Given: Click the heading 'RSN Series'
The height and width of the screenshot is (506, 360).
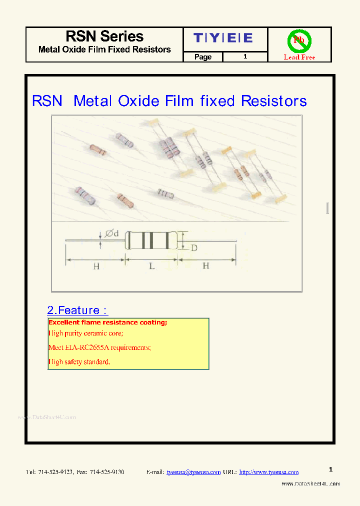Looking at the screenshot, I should click(x=104, y=36).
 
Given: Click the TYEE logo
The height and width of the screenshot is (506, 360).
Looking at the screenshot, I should click(x=223, y=38).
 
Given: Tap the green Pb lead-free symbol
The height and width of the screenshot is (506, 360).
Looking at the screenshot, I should click(x=299, y=40).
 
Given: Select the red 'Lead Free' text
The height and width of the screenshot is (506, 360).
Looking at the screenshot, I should click(x=299, y=57).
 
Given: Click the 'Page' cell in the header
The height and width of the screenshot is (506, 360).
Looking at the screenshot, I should click(x=202, y=57).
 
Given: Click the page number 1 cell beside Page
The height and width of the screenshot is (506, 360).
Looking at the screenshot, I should click(x=245, y=57).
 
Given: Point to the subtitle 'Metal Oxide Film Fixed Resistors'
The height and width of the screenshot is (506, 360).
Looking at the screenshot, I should click(x=104, y=49).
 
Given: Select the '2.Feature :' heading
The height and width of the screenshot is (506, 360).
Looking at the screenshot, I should click(x=77, y=310).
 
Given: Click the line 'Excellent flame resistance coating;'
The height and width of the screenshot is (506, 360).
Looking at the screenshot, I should click(x=107, y=322).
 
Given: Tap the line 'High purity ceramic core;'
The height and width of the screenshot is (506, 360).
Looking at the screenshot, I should click(x=85, y=333).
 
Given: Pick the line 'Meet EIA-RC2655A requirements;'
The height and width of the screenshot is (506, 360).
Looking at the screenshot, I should click(x=99, y=347).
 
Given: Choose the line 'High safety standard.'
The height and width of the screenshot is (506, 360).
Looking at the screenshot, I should click(x=79, y=361).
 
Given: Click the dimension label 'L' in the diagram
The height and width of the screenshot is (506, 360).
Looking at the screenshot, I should click(x=151, y=266).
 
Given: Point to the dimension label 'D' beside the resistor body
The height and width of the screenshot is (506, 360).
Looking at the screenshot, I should click(x=194, y=247).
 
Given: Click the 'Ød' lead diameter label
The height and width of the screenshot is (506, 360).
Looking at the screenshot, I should click(x=111, y=233).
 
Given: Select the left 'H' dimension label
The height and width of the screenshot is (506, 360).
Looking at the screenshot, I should click(x=96, y=266).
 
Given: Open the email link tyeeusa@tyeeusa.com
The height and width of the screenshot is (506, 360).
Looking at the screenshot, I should click(x=193, y=472).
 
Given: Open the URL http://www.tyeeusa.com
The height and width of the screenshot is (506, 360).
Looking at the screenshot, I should click(x=268, y=472).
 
